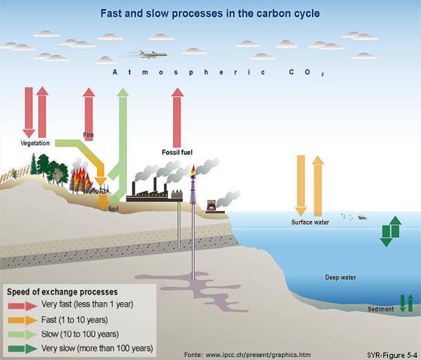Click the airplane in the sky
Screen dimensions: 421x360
coord(153,54)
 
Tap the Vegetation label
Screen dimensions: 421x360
coord(35,143)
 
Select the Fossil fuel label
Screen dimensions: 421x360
coord(177,153)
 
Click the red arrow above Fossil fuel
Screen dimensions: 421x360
coord(177,117)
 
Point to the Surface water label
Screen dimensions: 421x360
coord(310,222)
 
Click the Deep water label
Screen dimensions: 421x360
coord(341,277)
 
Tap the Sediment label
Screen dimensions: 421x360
coord(380,309)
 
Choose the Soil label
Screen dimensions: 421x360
coord(113,209)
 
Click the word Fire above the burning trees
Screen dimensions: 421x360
coord(89,135)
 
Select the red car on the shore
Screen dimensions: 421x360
coord(211,207)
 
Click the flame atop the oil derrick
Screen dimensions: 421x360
coord(193,171)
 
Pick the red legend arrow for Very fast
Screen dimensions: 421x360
coord(23,306)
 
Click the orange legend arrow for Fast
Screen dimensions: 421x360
coord(23,320)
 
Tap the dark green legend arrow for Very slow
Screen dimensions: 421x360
coord(23,349)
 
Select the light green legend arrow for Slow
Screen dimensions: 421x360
coord(23,334)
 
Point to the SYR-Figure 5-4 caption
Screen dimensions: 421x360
coord(392,355)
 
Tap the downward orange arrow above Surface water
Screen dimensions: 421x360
coord(301,185)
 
